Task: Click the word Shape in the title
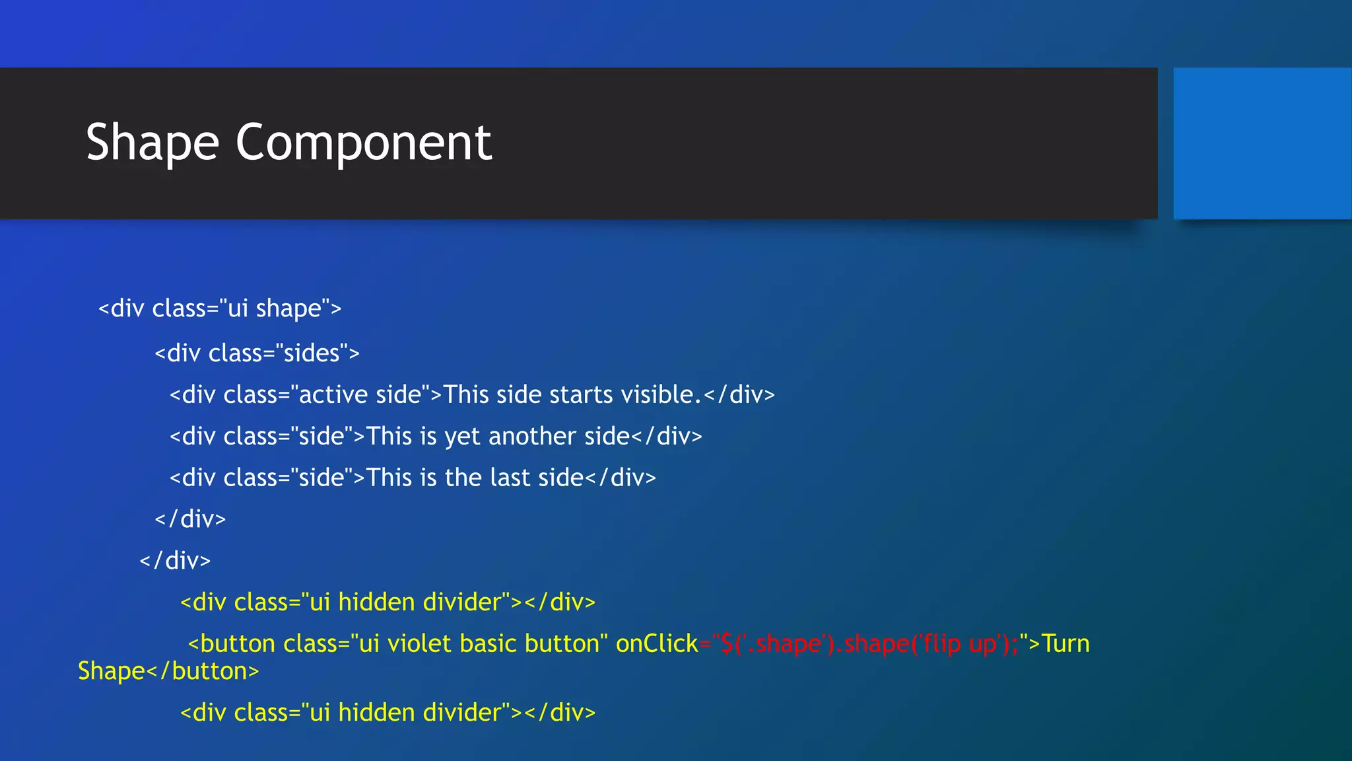[152, 143]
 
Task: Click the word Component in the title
[363, 143]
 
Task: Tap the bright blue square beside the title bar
[1262, 143]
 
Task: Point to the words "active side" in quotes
[360, 395]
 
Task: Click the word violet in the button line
[419, 644]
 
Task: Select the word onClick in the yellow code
[656, 644]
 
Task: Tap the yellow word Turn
[1065, 644]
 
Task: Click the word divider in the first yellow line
[462, 602]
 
